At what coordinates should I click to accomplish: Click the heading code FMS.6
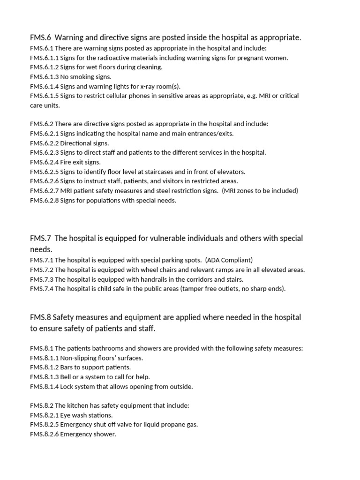40,37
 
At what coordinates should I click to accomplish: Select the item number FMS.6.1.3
44,77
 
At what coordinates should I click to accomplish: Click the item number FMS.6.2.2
44,143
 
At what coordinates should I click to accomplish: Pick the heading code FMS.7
40,238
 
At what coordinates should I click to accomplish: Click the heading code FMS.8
40,317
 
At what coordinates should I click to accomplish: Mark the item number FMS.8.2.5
44,425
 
